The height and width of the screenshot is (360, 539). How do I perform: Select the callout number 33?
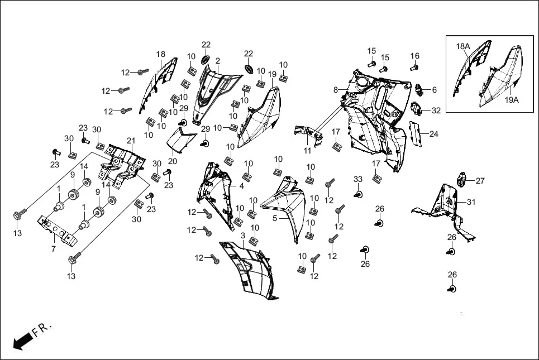[358, 179]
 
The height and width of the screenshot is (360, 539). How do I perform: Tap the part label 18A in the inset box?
[464, 46]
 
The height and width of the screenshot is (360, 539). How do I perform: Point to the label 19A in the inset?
[512, 100]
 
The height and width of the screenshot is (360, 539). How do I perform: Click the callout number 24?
[433, 134]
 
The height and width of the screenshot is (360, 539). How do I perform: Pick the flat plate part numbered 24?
[414, 134]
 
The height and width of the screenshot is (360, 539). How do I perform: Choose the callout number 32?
[436, 111]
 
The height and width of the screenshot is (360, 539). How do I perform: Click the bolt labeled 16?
[414, 68]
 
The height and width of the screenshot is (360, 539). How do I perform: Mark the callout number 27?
[480, 180]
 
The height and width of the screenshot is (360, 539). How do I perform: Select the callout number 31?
[471, 202]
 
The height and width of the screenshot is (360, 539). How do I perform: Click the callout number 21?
[131, 140]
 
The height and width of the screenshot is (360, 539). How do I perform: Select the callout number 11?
[308, 151]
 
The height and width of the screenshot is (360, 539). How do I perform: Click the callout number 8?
[336, 90]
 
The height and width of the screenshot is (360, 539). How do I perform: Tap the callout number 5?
[275, 218]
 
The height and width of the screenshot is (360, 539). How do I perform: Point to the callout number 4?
[241, 186]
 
